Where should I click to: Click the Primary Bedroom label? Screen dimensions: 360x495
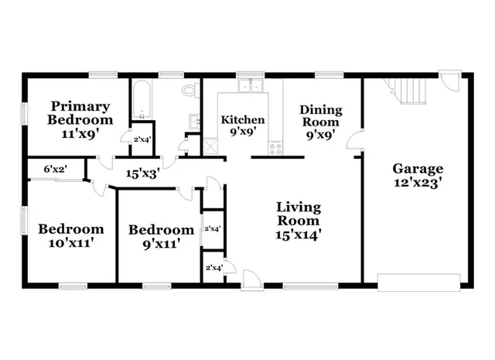80,113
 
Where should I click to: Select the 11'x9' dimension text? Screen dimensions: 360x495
80,133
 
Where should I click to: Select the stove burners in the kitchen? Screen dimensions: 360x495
275,146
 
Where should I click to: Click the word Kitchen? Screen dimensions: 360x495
243,120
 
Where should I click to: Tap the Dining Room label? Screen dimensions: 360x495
319,115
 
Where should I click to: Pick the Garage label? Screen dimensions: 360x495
417,169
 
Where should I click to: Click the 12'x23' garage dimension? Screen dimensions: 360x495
417,183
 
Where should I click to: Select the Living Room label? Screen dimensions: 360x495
299,214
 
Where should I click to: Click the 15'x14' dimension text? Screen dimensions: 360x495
299,233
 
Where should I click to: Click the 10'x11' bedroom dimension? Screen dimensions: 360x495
71,243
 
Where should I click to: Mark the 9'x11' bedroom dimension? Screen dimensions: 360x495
161,244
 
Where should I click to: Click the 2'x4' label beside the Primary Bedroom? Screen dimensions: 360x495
141,140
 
